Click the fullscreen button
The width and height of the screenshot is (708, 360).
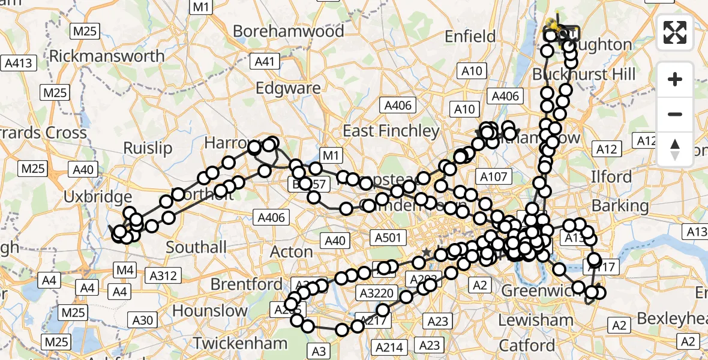click(x=675, y=32)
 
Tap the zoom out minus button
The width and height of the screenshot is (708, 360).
click(x=675, y=115)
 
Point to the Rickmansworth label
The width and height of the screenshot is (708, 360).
click(x=107, y=56)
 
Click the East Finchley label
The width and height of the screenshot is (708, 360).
click(x=391, y=131)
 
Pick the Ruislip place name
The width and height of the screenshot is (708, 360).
click(x=148, y=148)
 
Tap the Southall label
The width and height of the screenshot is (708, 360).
click(x=196, y=247)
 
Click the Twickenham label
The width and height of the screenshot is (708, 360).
click(x=240, y=343)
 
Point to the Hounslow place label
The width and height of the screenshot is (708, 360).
click(x=210, y=311)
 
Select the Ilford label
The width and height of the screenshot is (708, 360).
click(x=611, y=177)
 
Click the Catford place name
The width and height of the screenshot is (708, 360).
click(x=526, y=346)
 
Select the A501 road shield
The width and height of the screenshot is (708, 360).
click(x=386, y=238)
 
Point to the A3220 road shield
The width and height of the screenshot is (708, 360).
click(x=377, y=293)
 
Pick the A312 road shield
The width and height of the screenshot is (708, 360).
click(x=163, y=275)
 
